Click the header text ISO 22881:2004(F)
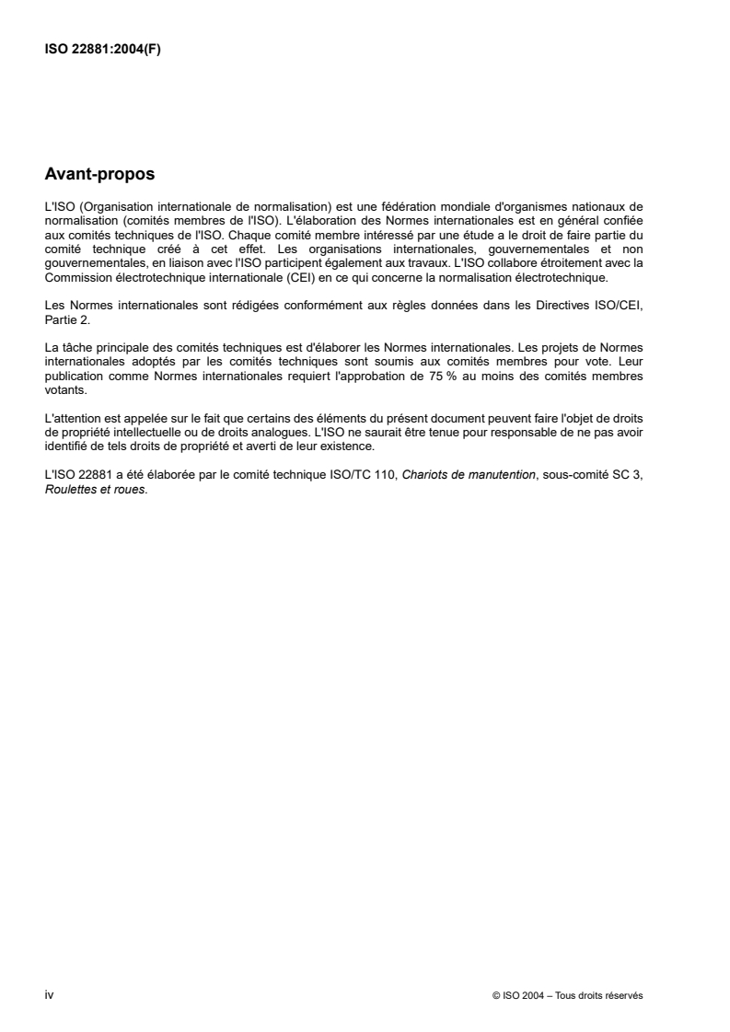[103, 50]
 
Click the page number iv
[49, 995]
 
